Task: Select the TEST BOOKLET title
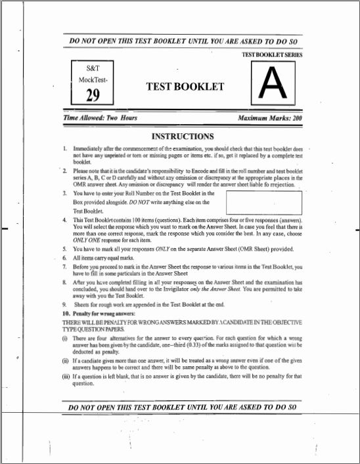[x=185, y=87]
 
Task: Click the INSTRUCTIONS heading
[x=183, y=137]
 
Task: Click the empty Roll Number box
[x=262, y=201]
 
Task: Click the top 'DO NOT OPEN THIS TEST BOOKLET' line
[x=183, y=41]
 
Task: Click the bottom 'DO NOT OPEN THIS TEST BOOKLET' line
[x=183, y=407]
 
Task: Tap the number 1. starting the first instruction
[x=65, y=150]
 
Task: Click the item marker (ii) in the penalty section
[x=64, y=360]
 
